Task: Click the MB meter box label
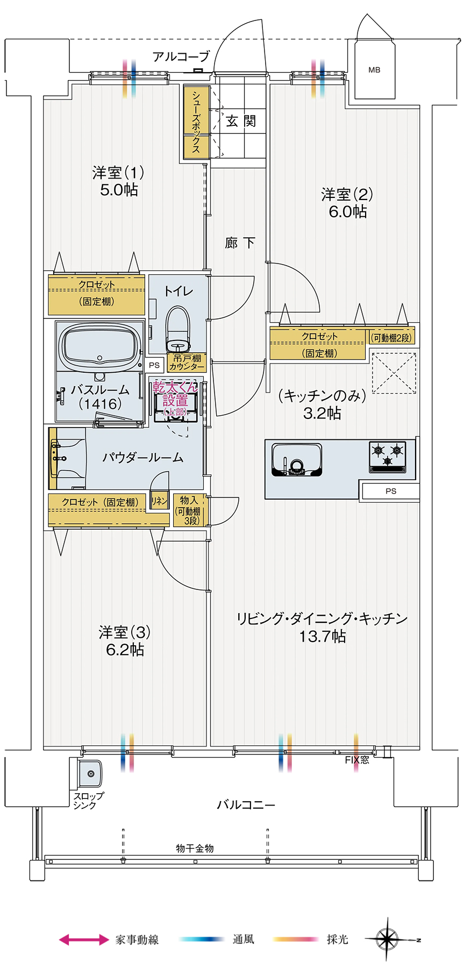point(374,70)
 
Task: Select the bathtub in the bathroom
point(99,346)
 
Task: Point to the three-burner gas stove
point(388,456)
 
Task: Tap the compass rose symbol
point(387,939)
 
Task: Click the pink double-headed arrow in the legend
point(84,939)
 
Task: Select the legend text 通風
point(243,939)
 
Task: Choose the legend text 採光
point(337,939)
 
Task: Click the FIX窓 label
point(357,760)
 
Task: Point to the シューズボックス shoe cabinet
point(196,122)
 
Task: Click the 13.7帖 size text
point(322,637)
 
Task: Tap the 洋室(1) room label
point(118,173)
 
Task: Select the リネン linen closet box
point(160,501)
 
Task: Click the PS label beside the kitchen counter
point(390,491)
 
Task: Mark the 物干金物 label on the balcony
point(195,848)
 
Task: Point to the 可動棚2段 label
point(391,338)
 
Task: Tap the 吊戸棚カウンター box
point(187,362)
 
